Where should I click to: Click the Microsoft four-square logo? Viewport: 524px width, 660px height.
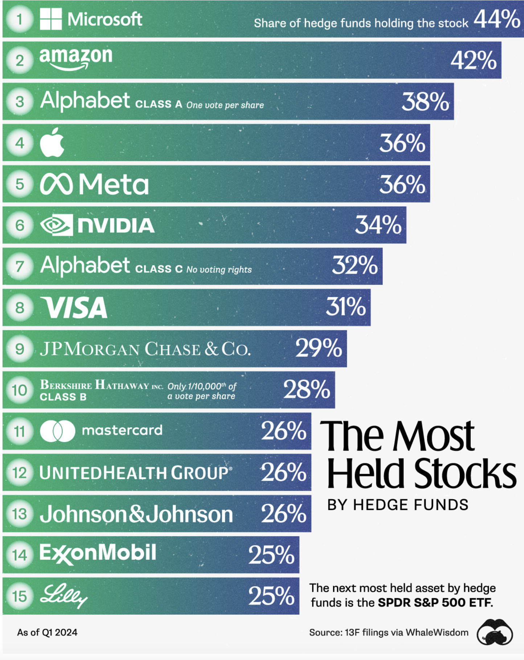click(x=50, y=19)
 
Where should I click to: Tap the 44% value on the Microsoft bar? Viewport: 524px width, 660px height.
click(x=497, y=19)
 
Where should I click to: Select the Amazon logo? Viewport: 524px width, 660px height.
click(x=75, y=58)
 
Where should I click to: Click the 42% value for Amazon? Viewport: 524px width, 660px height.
click(x=473, y=60)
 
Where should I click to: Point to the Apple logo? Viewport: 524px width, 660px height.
click(x=52, y=142)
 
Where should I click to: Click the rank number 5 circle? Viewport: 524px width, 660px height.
click(x=20, y=184)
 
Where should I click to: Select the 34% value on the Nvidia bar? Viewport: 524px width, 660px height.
click(x=378, y=225)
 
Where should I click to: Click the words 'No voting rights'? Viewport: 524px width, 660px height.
click(x=219, y=269)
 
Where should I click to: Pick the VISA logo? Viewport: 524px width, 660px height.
click(x=74, y=307)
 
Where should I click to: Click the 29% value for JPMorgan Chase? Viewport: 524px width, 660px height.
click(x=318, y=348)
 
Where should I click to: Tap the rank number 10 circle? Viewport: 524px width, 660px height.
click(x=20, y=390)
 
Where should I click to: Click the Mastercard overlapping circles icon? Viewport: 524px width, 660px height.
click(x=57, y=431)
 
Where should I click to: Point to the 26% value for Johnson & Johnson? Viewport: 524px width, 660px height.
click(x=283, y=514)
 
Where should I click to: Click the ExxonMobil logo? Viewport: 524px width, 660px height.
click(x=98, y=554)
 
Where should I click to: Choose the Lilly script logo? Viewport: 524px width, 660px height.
click(x=64, y=595)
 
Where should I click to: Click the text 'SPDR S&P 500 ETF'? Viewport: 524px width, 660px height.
click(x=435, y=603)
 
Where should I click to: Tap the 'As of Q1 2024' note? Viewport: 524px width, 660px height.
click(x=47, y=632)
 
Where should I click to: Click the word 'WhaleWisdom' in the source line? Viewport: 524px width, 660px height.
click(x=437, y=632)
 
